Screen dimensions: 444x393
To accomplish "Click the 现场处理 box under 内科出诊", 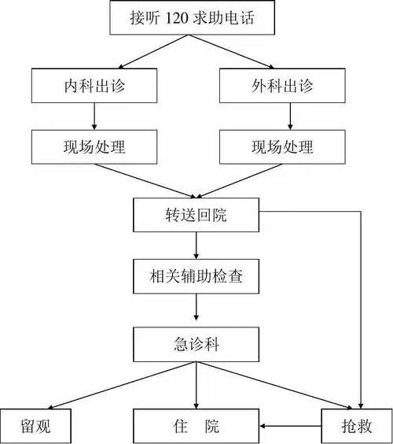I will coord(94,146).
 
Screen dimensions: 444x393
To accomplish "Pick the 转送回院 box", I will coord(196,214).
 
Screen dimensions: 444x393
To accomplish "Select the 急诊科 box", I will coord(196,342).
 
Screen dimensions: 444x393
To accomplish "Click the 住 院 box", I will coord(196,426).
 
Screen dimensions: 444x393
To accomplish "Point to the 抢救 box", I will coord(357,426).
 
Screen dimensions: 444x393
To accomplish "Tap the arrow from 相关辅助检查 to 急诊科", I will coord(196,310).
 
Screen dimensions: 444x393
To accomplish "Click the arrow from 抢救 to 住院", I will coord(291,426).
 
